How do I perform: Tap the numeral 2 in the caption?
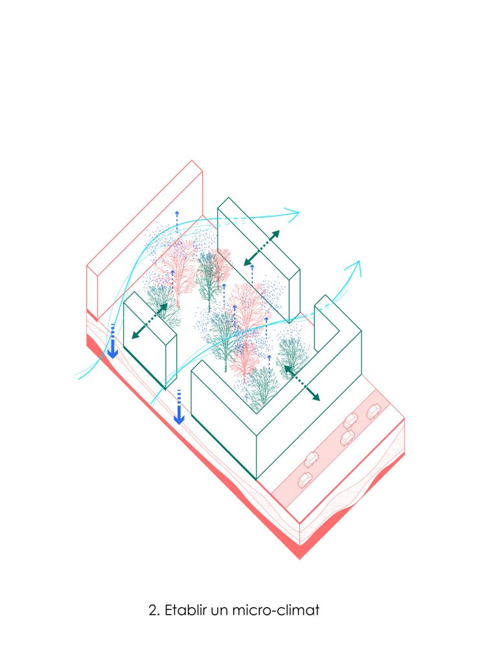[x=153, y=611]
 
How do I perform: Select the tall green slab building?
[x=259, y=258]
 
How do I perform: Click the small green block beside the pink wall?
[x=150, y=338]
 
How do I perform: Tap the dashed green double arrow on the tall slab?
[x=262, y=248]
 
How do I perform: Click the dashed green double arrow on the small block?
[x=149, y=321]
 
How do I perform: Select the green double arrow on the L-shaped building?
[x=302, y=383]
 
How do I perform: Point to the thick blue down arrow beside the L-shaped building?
[x=179, y=407]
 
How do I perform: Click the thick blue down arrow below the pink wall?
[x=113, y=341]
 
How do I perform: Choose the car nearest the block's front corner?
[x=305, y=479]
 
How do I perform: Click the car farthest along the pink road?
[x=373, y=411]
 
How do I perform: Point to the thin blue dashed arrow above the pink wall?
[x=177, y=220]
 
